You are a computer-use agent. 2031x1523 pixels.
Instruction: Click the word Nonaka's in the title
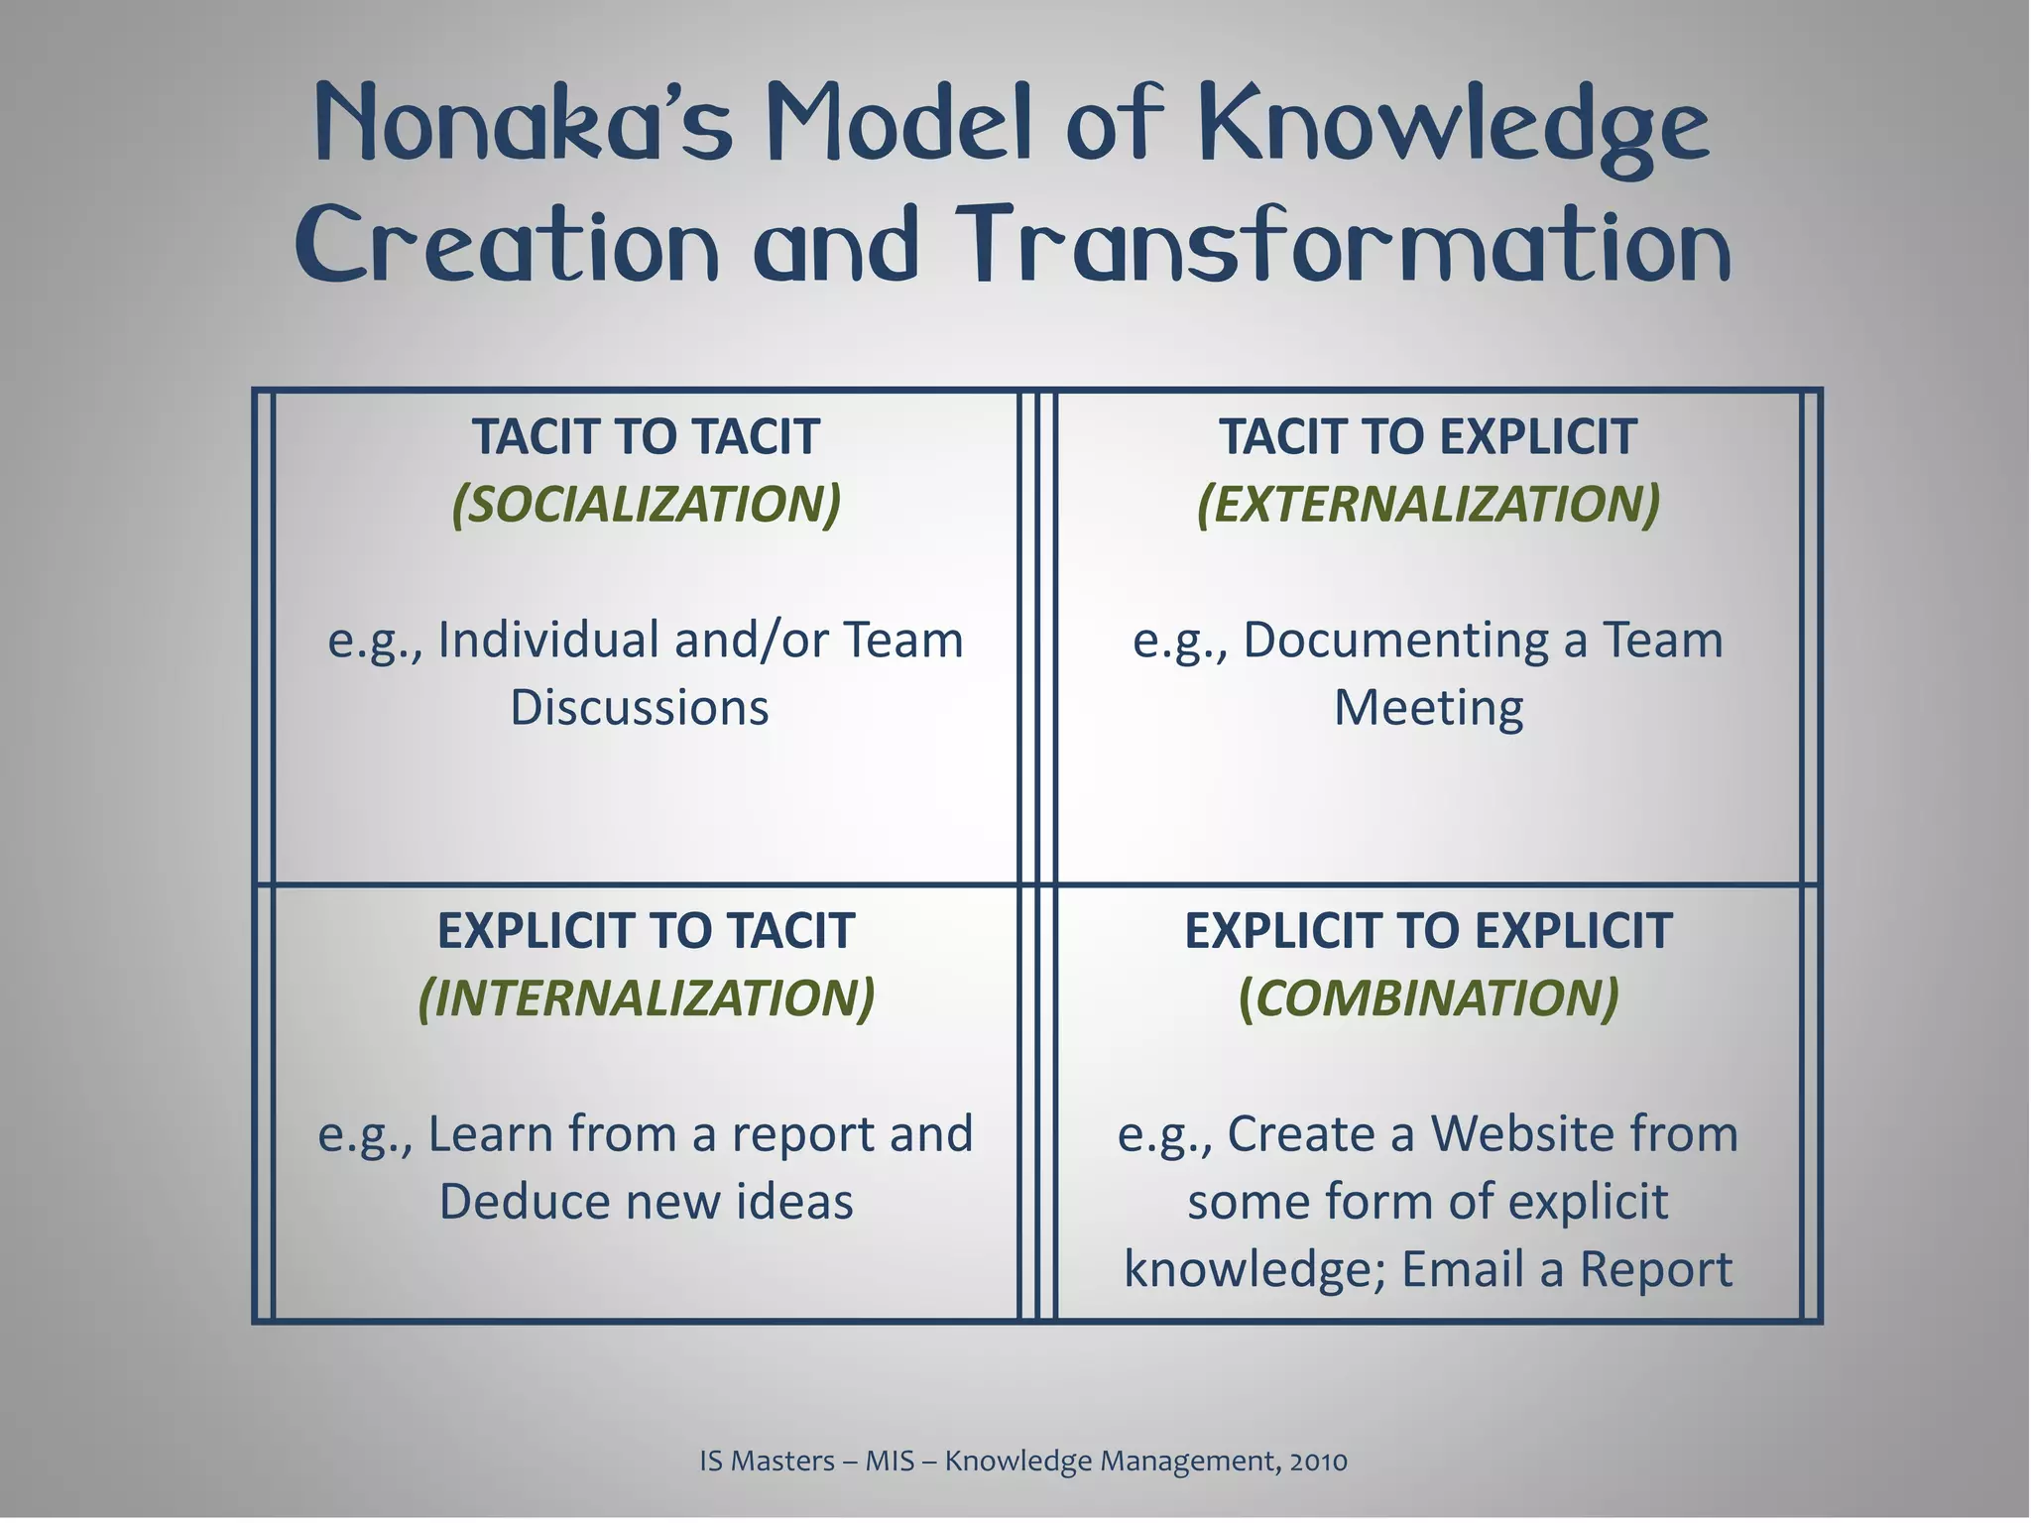click(x=524, y=124)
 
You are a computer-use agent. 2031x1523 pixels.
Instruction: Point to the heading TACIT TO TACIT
click(x=646, y=437)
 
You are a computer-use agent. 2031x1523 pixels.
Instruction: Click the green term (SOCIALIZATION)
click(x=647, y=504)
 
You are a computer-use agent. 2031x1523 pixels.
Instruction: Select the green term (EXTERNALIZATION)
click(x=1428, y=504)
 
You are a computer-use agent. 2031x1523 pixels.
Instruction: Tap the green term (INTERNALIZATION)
click(x=647, y=997)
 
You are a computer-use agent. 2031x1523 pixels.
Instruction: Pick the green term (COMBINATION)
click(x=1428, y=997)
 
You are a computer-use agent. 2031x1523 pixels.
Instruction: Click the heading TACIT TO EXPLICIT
click(x=1428, y=437)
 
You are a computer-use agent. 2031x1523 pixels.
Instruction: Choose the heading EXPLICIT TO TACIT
click(x=646, y=931)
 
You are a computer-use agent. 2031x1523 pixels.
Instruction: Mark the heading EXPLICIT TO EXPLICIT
click(x=1428, y=931)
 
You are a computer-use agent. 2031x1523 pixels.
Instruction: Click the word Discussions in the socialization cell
click(x=640, y=708)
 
